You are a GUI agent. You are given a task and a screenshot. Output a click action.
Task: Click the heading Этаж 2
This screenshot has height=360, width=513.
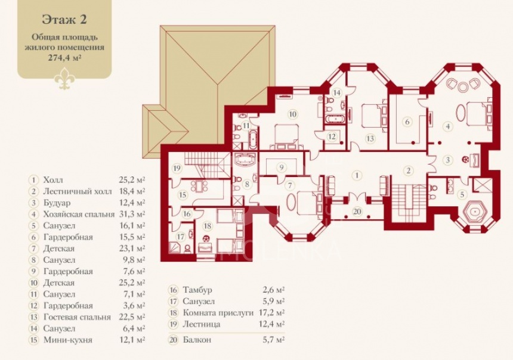coord(64,19)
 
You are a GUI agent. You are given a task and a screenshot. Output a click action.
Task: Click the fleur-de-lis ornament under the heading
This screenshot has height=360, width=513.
coord(65,79)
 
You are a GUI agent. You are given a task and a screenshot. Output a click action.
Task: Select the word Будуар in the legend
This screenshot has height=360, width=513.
coord(57,203)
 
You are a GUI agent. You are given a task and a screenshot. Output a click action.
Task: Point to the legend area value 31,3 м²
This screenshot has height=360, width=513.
coord(132,214)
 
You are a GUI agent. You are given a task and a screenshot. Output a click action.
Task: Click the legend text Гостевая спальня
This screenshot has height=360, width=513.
coord(77,317)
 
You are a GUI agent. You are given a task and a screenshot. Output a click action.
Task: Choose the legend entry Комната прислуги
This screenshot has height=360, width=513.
coord(218,312)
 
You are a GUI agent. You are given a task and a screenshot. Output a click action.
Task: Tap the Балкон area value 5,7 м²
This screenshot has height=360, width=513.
coord(274,340)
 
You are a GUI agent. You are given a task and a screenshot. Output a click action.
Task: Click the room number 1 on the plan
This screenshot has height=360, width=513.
coord(357,175)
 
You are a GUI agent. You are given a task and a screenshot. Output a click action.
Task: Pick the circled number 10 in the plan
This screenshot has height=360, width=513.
coord(292,114)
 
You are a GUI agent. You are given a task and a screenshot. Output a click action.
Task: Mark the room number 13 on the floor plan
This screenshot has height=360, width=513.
coord(370,139)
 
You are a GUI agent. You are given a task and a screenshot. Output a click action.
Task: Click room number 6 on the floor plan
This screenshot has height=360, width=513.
coord(407,122)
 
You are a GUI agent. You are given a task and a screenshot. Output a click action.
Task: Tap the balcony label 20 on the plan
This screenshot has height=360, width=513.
coord(357,212)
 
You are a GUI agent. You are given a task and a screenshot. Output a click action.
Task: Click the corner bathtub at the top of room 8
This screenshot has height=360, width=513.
coord(245,160)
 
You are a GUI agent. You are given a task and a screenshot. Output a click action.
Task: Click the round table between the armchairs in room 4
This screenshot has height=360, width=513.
coord(463,86)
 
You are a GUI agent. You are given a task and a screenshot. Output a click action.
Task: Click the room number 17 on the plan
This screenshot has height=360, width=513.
coord(181,236)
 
